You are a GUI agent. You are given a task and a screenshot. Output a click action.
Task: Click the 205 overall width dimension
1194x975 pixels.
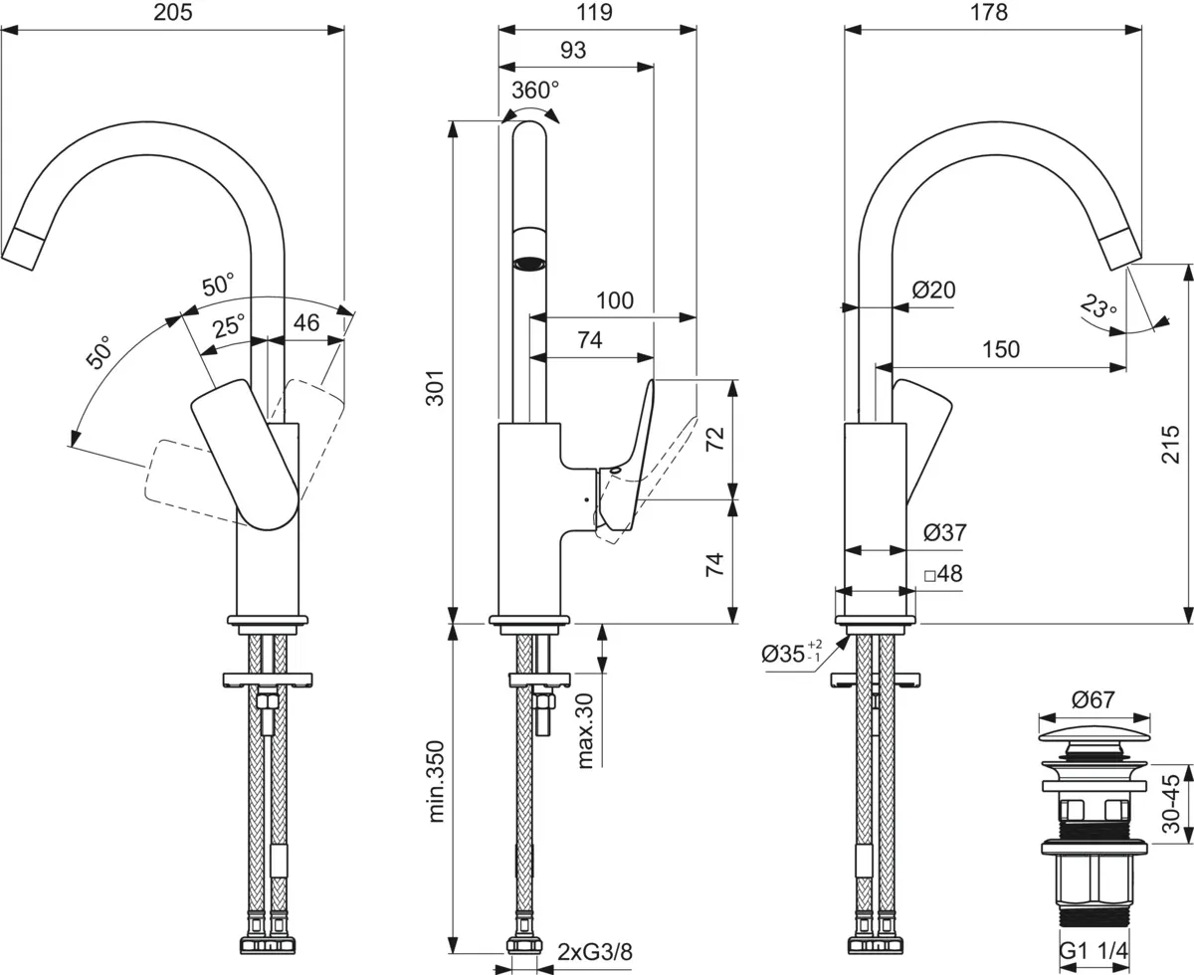[x=173, y=13]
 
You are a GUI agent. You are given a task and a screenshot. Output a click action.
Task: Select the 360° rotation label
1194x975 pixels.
[x=534, y=91]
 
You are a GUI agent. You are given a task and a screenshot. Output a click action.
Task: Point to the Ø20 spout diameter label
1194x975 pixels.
[x=933, y=291]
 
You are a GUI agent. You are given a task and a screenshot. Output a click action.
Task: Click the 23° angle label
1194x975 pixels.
[x=1097, y=305]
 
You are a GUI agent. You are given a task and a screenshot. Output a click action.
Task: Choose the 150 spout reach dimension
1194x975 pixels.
[x=1000, y=349]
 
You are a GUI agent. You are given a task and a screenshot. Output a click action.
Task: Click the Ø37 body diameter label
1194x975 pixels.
[x=943, y=533]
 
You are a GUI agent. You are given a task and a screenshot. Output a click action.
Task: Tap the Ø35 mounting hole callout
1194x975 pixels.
[x=791, y=654]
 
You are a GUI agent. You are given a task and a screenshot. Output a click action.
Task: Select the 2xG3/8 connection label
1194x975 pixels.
[x=594, y=951]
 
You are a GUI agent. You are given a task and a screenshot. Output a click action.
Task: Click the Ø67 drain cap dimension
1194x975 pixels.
[x=1093, y=700]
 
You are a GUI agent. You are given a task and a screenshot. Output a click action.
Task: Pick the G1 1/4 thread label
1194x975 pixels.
[x=1093, y=953]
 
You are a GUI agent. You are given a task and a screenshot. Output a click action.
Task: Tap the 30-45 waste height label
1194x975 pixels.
[x=1171, y=804]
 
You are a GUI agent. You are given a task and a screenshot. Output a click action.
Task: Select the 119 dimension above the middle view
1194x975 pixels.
[x=595, y=13]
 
